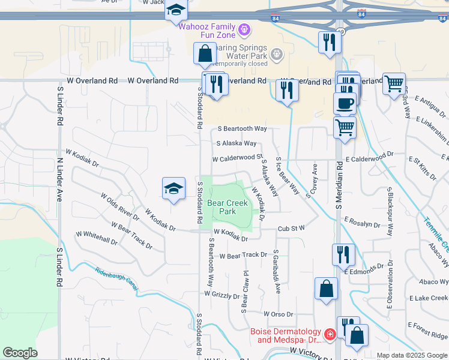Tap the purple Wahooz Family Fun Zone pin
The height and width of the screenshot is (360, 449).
(x=244, y=29)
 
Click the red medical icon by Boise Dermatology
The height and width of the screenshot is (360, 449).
(x=329, y=334)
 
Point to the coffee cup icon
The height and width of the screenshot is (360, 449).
(x=345, y=103)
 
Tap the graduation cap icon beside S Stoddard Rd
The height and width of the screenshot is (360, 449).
(x=173, y=189)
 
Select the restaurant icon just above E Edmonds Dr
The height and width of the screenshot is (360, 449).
(x=343, y=254)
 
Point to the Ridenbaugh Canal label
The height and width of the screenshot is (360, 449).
(x=116, y=279)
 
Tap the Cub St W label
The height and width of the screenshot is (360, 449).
(x=291, y=228)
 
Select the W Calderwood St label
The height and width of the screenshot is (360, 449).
(x=238, y=158)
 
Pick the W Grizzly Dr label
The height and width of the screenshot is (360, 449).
(x=222, y=295)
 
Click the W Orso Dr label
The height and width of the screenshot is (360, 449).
(x=277, y=314)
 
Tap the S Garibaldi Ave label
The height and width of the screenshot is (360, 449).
(x=277, y=271)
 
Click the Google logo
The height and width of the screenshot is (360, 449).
(x=20, y=353)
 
